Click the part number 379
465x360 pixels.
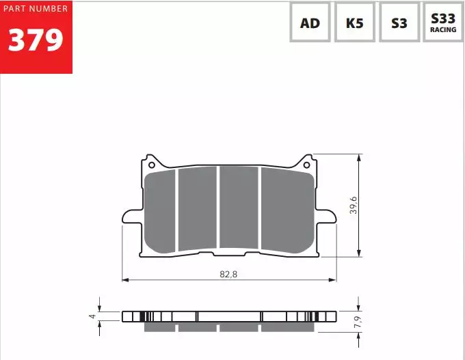(36, 40)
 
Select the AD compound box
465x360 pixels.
(310, 23)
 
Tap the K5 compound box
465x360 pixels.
(354, 23)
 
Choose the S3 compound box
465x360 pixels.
(399, 23)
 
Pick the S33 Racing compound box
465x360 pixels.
(443, 23)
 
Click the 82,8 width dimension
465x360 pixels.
(228, 273)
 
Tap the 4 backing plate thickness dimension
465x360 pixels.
(92, 316)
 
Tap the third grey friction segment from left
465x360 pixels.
(239, 208)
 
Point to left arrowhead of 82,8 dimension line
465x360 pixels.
(125, 279)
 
